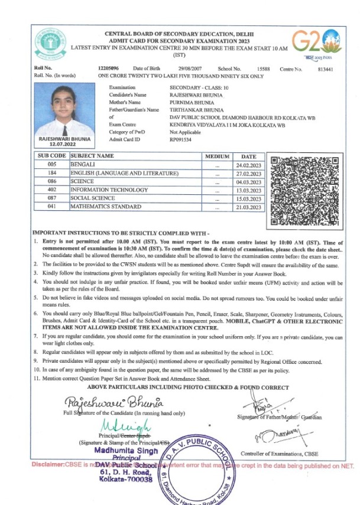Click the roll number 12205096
pos(109,69)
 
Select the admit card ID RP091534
pos(181,140)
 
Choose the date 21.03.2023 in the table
pos(248,207)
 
